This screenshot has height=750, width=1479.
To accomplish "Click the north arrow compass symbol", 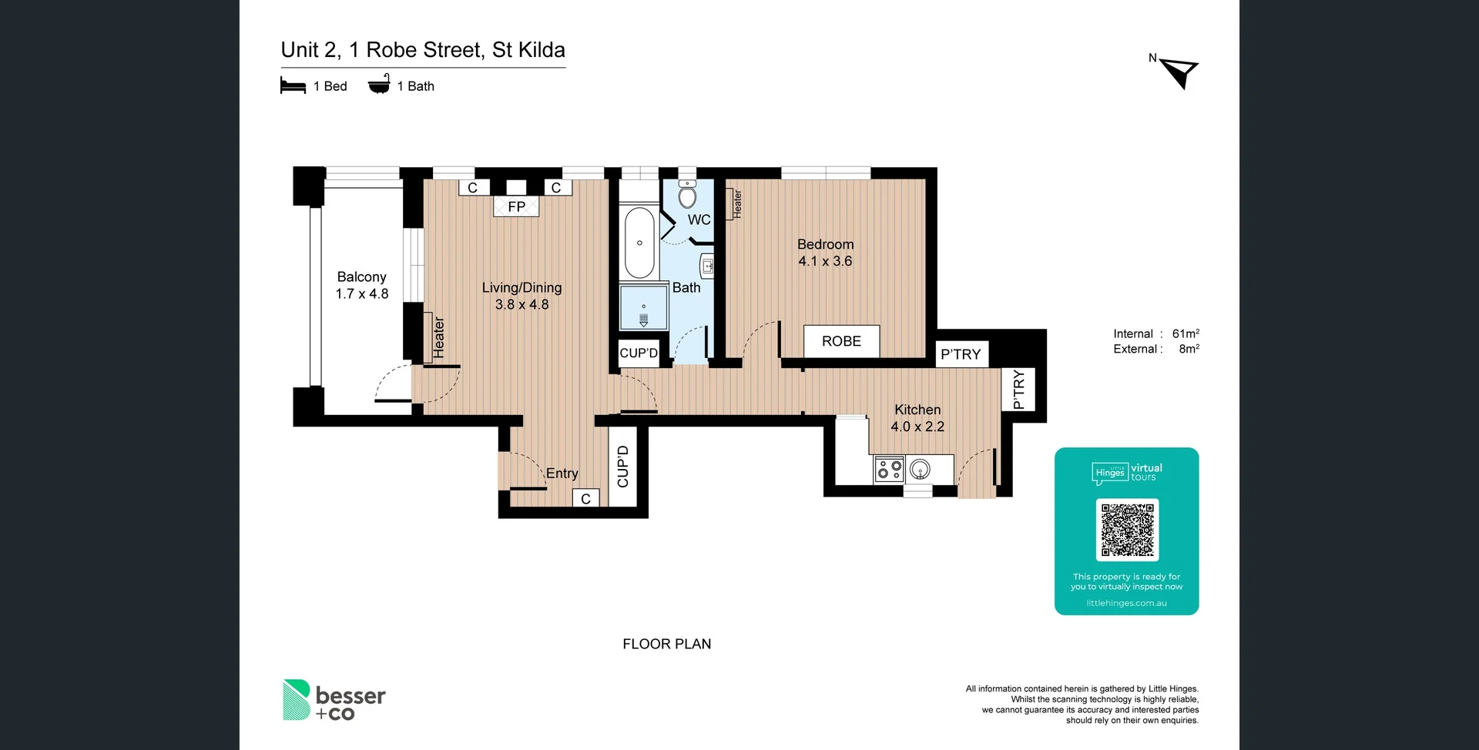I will (x=1179, y=72).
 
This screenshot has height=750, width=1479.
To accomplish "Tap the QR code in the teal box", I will (x=1127, y=530).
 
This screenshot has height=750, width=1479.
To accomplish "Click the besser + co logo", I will (x=334, y=700).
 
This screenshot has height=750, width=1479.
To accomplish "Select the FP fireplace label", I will (x=516, y=206).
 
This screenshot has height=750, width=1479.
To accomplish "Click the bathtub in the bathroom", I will (x=639, y=243).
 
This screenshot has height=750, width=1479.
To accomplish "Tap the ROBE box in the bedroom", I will (x=841, y=341).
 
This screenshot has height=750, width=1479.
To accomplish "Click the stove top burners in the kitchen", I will (x=890, y=469).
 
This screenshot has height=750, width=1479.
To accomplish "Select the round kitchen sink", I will (x=920, y=468).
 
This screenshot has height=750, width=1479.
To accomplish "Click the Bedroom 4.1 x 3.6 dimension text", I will (x=825, y=261).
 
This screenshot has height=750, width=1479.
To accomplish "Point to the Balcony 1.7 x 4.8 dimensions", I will (x=361, y=293).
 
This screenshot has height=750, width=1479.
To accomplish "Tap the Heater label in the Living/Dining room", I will (x=438, y=337).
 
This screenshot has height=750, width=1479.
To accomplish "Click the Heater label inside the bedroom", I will (x=736, y=204).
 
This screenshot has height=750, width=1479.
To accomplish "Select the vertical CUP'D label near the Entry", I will (x=622, y=467).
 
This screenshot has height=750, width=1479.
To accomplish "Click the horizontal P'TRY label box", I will (x=961, y=354).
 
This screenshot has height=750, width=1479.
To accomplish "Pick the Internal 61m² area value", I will (x=1185, y=333).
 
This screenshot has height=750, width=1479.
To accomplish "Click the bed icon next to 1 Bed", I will (x=293, y=85).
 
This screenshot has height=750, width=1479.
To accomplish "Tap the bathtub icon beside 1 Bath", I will (x=379, y=85).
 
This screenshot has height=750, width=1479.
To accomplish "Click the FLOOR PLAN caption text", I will (x=666, y=644).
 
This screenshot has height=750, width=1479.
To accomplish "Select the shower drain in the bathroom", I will (x=644, y=319).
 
